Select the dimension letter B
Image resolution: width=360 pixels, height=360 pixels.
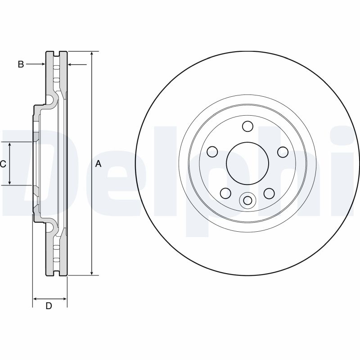21,64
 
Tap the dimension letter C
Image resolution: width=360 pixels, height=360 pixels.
3,164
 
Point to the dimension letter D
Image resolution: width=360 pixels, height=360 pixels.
49,306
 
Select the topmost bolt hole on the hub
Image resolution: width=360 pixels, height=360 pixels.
247,126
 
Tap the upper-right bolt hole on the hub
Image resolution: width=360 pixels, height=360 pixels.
282,152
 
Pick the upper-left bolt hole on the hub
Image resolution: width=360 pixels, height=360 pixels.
212,152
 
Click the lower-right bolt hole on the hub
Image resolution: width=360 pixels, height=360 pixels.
269,193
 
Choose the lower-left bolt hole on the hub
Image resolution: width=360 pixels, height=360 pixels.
225,193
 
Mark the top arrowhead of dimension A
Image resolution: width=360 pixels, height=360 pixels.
92,54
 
